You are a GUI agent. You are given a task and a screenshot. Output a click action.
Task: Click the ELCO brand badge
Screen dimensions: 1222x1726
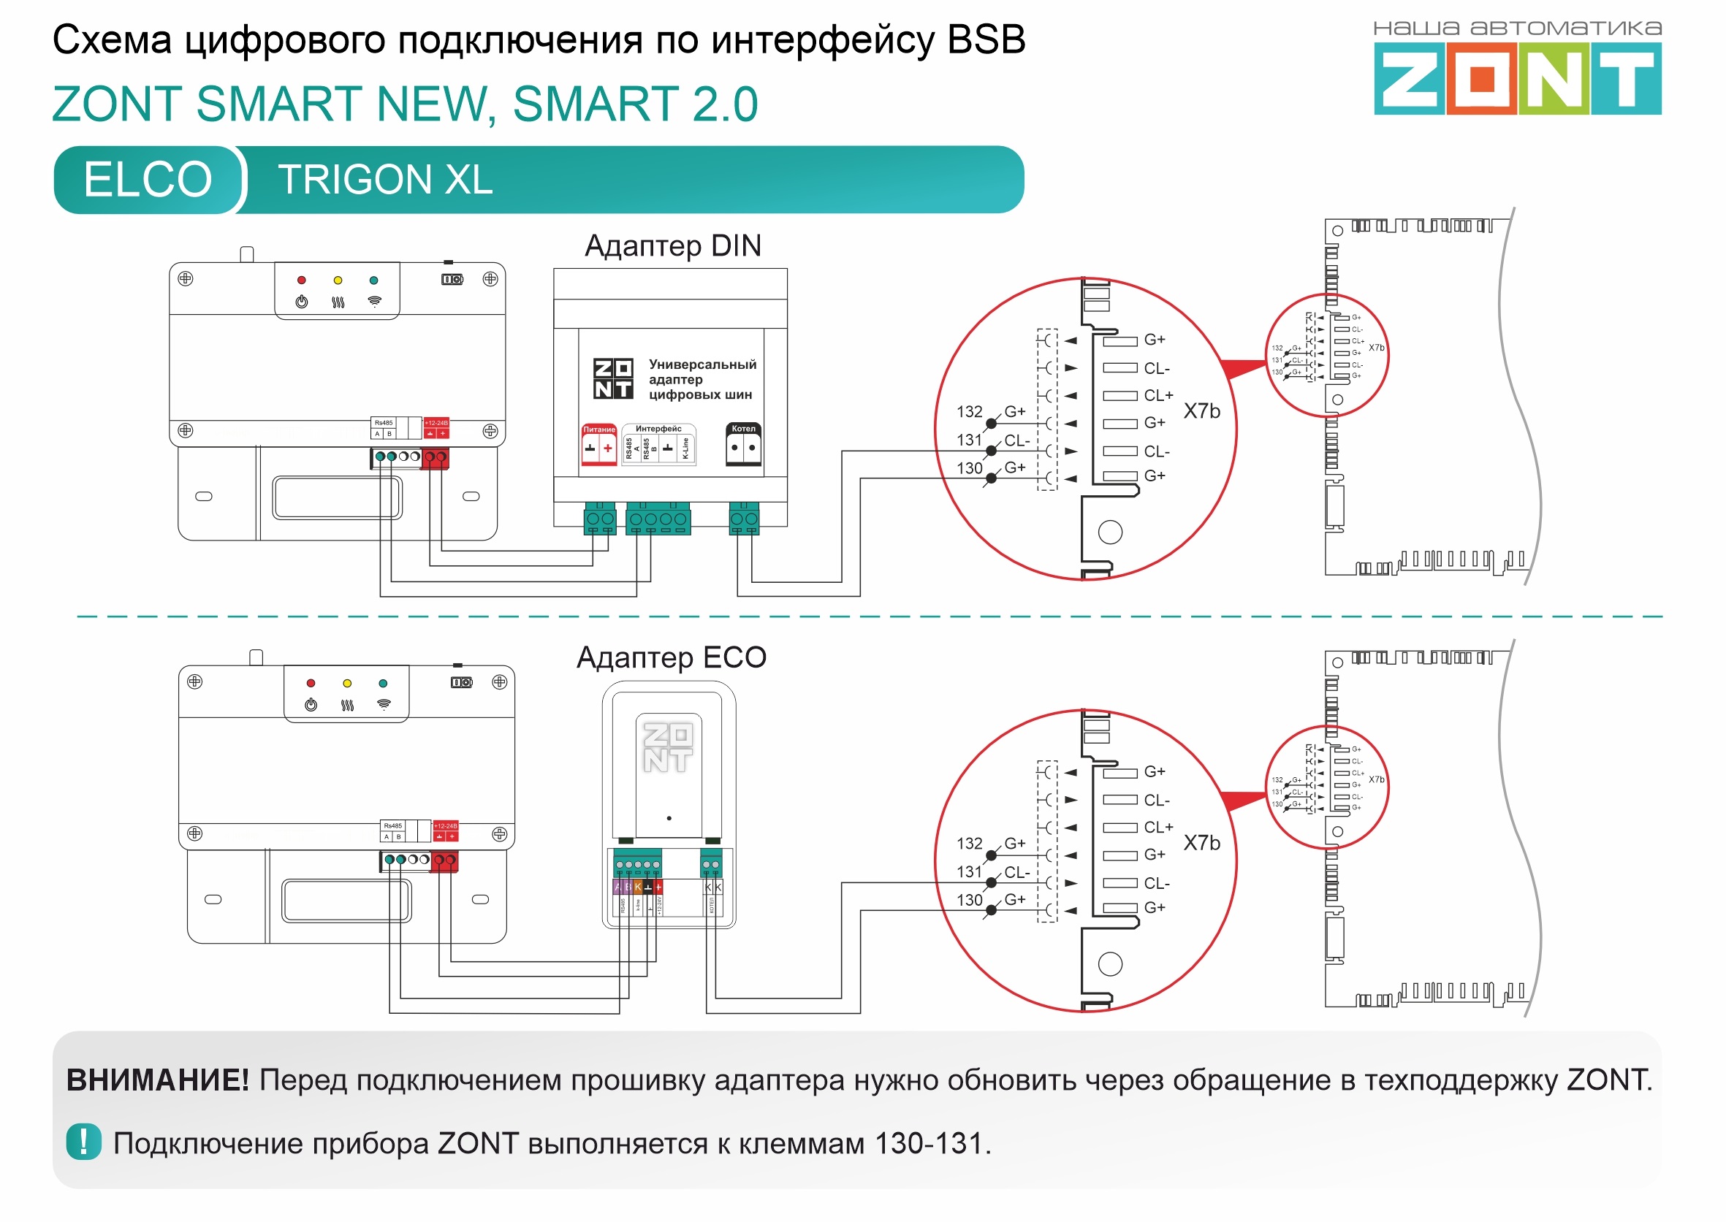[148, 179]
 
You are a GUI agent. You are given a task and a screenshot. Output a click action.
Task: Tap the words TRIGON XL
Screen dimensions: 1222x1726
[384, 180]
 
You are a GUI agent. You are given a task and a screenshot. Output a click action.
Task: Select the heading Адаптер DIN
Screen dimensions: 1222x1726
[672, 246]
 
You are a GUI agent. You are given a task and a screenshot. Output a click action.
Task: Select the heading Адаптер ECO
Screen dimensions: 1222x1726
[671, 657]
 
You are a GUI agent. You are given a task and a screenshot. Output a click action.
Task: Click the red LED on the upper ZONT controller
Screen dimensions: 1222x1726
[302, 280]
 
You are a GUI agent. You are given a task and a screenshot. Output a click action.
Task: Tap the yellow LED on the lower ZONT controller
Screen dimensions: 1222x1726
[347, 683]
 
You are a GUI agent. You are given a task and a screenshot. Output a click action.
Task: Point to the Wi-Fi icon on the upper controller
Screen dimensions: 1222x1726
[374, 302]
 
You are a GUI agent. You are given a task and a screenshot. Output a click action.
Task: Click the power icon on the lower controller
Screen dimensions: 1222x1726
[311, 705]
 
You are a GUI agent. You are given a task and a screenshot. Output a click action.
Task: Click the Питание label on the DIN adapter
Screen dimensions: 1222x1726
[599, 429]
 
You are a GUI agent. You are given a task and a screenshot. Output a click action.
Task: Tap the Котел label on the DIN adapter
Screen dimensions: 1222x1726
[744, 429]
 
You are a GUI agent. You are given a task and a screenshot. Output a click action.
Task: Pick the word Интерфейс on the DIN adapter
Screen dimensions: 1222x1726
[658, 429]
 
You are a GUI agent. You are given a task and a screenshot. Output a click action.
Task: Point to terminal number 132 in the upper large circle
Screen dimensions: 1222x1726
[970, 412]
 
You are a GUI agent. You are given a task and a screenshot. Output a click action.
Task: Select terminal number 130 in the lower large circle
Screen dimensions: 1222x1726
[970, 900]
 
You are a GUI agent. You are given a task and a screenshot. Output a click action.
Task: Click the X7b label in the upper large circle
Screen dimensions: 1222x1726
[1201, 410]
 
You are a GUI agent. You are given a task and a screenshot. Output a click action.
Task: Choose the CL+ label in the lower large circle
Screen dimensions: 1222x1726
[1158, 827]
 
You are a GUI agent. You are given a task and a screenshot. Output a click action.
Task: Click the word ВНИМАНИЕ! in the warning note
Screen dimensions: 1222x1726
[157, 1080]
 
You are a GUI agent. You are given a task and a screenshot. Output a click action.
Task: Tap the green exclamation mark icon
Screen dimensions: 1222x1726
[83, 1142]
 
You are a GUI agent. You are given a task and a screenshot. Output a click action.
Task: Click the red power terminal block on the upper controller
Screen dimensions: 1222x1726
[435, 457]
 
